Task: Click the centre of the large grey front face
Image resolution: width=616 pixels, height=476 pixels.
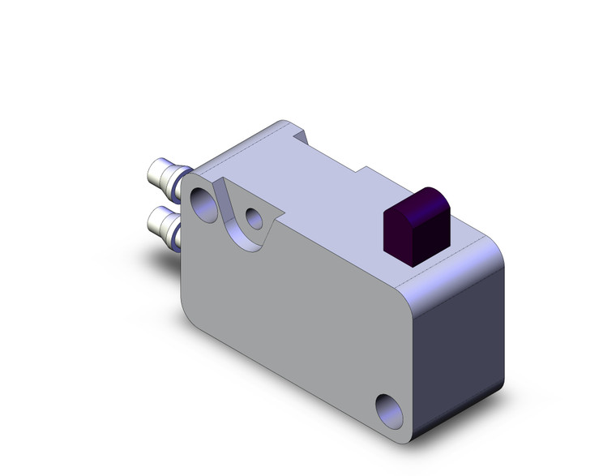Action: [300, 308]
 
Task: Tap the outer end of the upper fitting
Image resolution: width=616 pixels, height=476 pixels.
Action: [150, 170]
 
